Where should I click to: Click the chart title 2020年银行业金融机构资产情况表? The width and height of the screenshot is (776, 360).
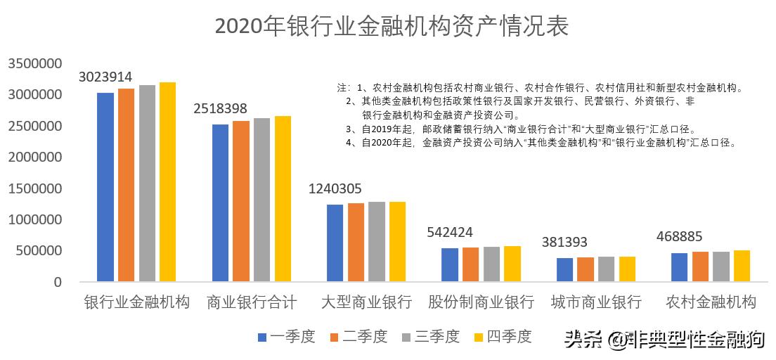pyautogui.click(x=391, y=26)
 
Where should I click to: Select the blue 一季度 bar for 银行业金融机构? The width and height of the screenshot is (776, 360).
pyautogui.click(x=105, y=187)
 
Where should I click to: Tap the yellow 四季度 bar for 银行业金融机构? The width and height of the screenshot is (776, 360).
pyautogui.click(x=167, y=182)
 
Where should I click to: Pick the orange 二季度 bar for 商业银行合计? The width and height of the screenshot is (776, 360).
pyautogui.click(x=240, y=201)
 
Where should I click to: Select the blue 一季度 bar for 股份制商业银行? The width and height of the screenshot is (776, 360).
pyautogui.click(x=449, y=265)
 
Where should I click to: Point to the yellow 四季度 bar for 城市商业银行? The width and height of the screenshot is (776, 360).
pyautogui.click(x=627, y=269)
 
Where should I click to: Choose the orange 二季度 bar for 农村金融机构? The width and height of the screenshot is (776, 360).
pyautogui.click(x=700, y=266)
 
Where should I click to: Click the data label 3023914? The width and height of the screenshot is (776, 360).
pyautogui.click(x=105, y=77)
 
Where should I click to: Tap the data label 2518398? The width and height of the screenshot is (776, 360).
pyautogui.click(x=220, y=109)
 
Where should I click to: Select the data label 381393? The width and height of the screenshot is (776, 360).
pyautogui.click(x=564, y=243)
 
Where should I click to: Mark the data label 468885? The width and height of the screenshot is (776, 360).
pyautogui.click(x=679, y=236)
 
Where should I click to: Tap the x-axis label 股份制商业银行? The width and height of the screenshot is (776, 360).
pyautogui.click(x=476, y=302)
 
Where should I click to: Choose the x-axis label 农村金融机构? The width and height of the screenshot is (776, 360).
pyautogui.click(x=711, y=302)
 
